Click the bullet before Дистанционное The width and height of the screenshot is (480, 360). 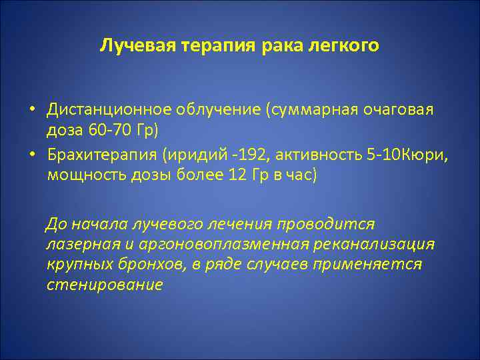tap(32, 109)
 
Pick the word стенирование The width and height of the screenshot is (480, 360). tap(105, 285)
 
